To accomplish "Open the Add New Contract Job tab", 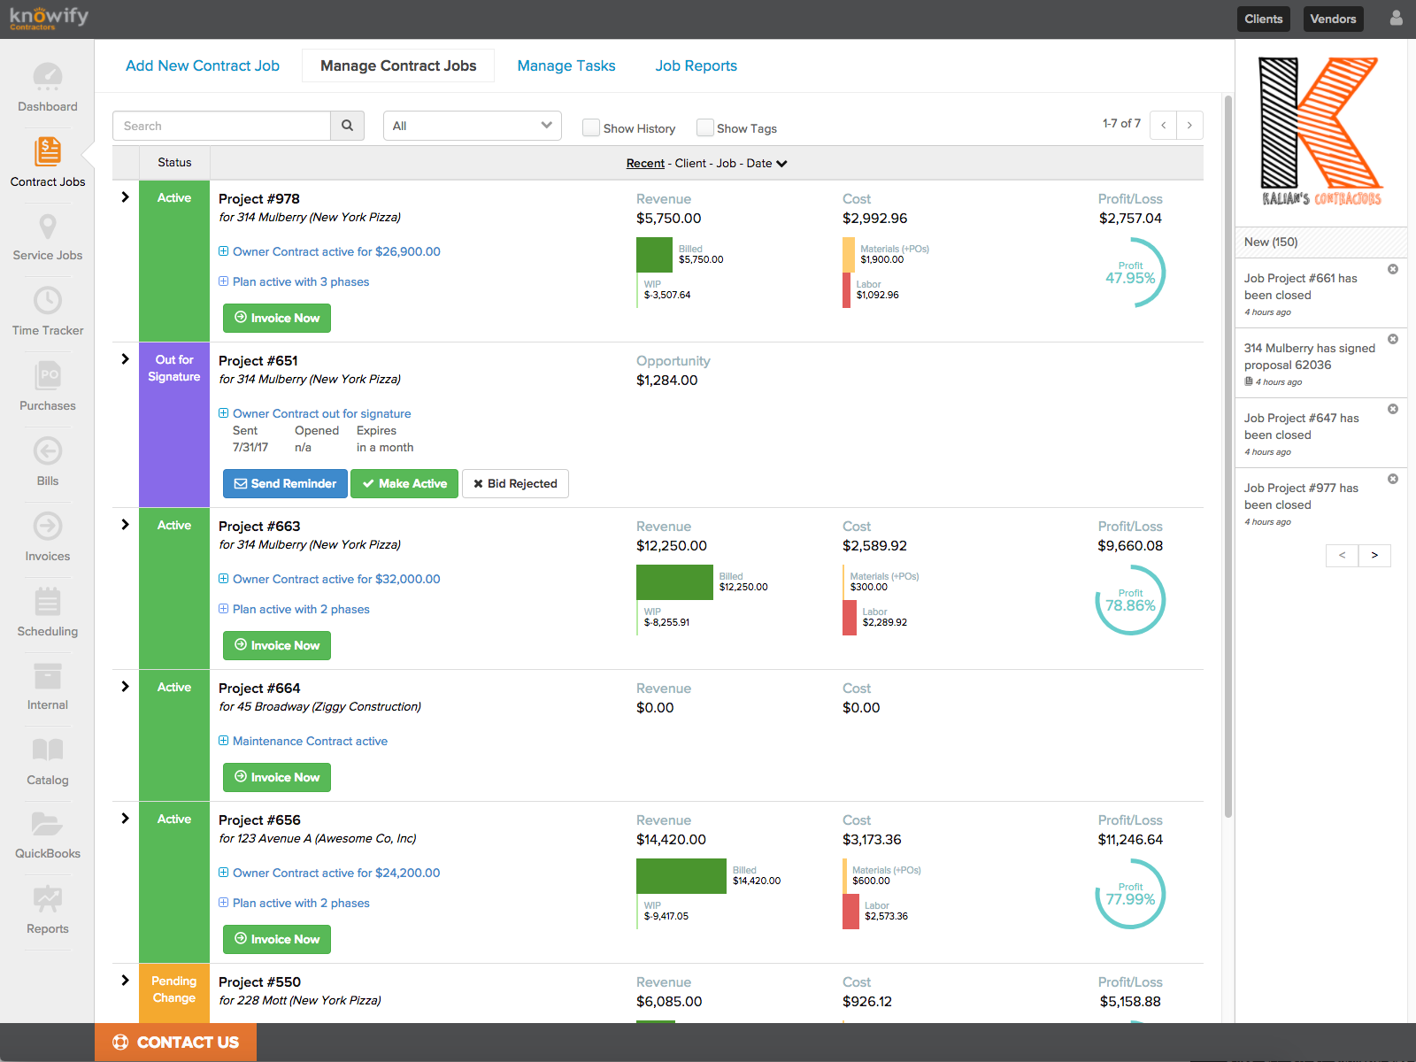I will (x=202, y=65).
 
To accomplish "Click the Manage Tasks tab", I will (x=566, y=65).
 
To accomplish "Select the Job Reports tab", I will (x=696, y=65).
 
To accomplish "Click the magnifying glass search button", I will (x=347, y=126).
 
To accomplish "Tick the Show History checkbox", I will (x=591, y=128).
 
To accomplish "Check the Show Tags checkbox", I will (x=704, y=128).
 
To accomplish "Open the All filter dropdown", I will (x=473, y=126).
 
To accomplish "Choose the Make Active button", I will (x=404, y=483).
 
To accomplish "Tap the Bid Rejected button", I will (x=515, y=483).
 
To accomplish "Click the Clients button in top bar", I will (x=1263, y=19).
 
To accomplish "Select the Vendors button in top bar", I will (x=1333, y=19).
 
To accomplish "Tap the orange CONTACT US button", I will (x=175, y=1042).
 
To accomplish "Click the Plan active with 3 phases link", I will (x=301, y=281).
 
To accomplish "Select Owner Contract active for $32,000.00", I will (x=336, y=579).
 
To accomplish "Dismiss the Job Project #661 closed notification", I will (x=1393, y=269).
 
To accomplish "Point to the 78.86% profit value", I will (x=1130, y=605).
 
